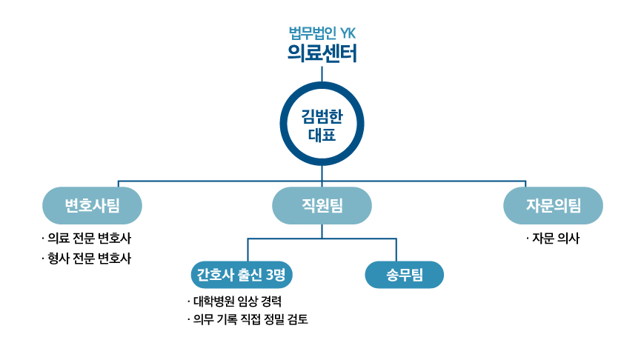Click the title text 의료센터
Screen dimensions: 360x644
[x=322, y=54]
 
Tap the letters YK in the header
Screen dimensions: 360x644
[x=348, y=33]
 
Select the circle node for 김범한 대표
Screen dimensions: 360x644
[x=322, y=123]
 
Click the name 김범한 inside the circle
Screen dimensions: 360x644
[x=322, y=116]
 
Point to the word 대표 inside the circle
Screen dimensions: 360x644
[x=322, y=135]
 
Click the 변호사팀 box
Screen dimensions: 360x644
[x=92, y=205]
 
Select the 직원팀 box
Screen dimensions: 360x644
[x=322, y=205]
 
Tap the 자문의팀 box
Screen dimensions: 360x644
[x=553, y=205]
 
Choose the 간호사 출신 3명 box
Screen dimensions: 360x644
[x=242, y=275]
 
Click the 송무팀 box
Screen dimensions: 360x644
[x=404, y=275]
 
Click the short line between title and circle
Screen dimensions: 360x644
[x=322, y=73]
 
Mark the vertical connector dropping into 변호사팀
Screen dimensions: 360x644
[x=118, y=184]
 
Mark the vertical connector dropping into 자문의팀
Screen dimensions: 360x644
[x=525, y=184]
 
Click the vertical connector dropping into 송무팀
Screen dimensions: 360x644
[x=396, y=250]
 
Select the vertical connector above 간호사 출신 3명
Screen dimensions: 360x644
[x=248, y=250]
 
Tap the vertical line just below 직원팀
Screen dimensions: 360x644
[x=322, y=231]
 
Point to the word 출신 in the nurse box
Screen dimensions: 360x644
[x=249, y=275]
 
